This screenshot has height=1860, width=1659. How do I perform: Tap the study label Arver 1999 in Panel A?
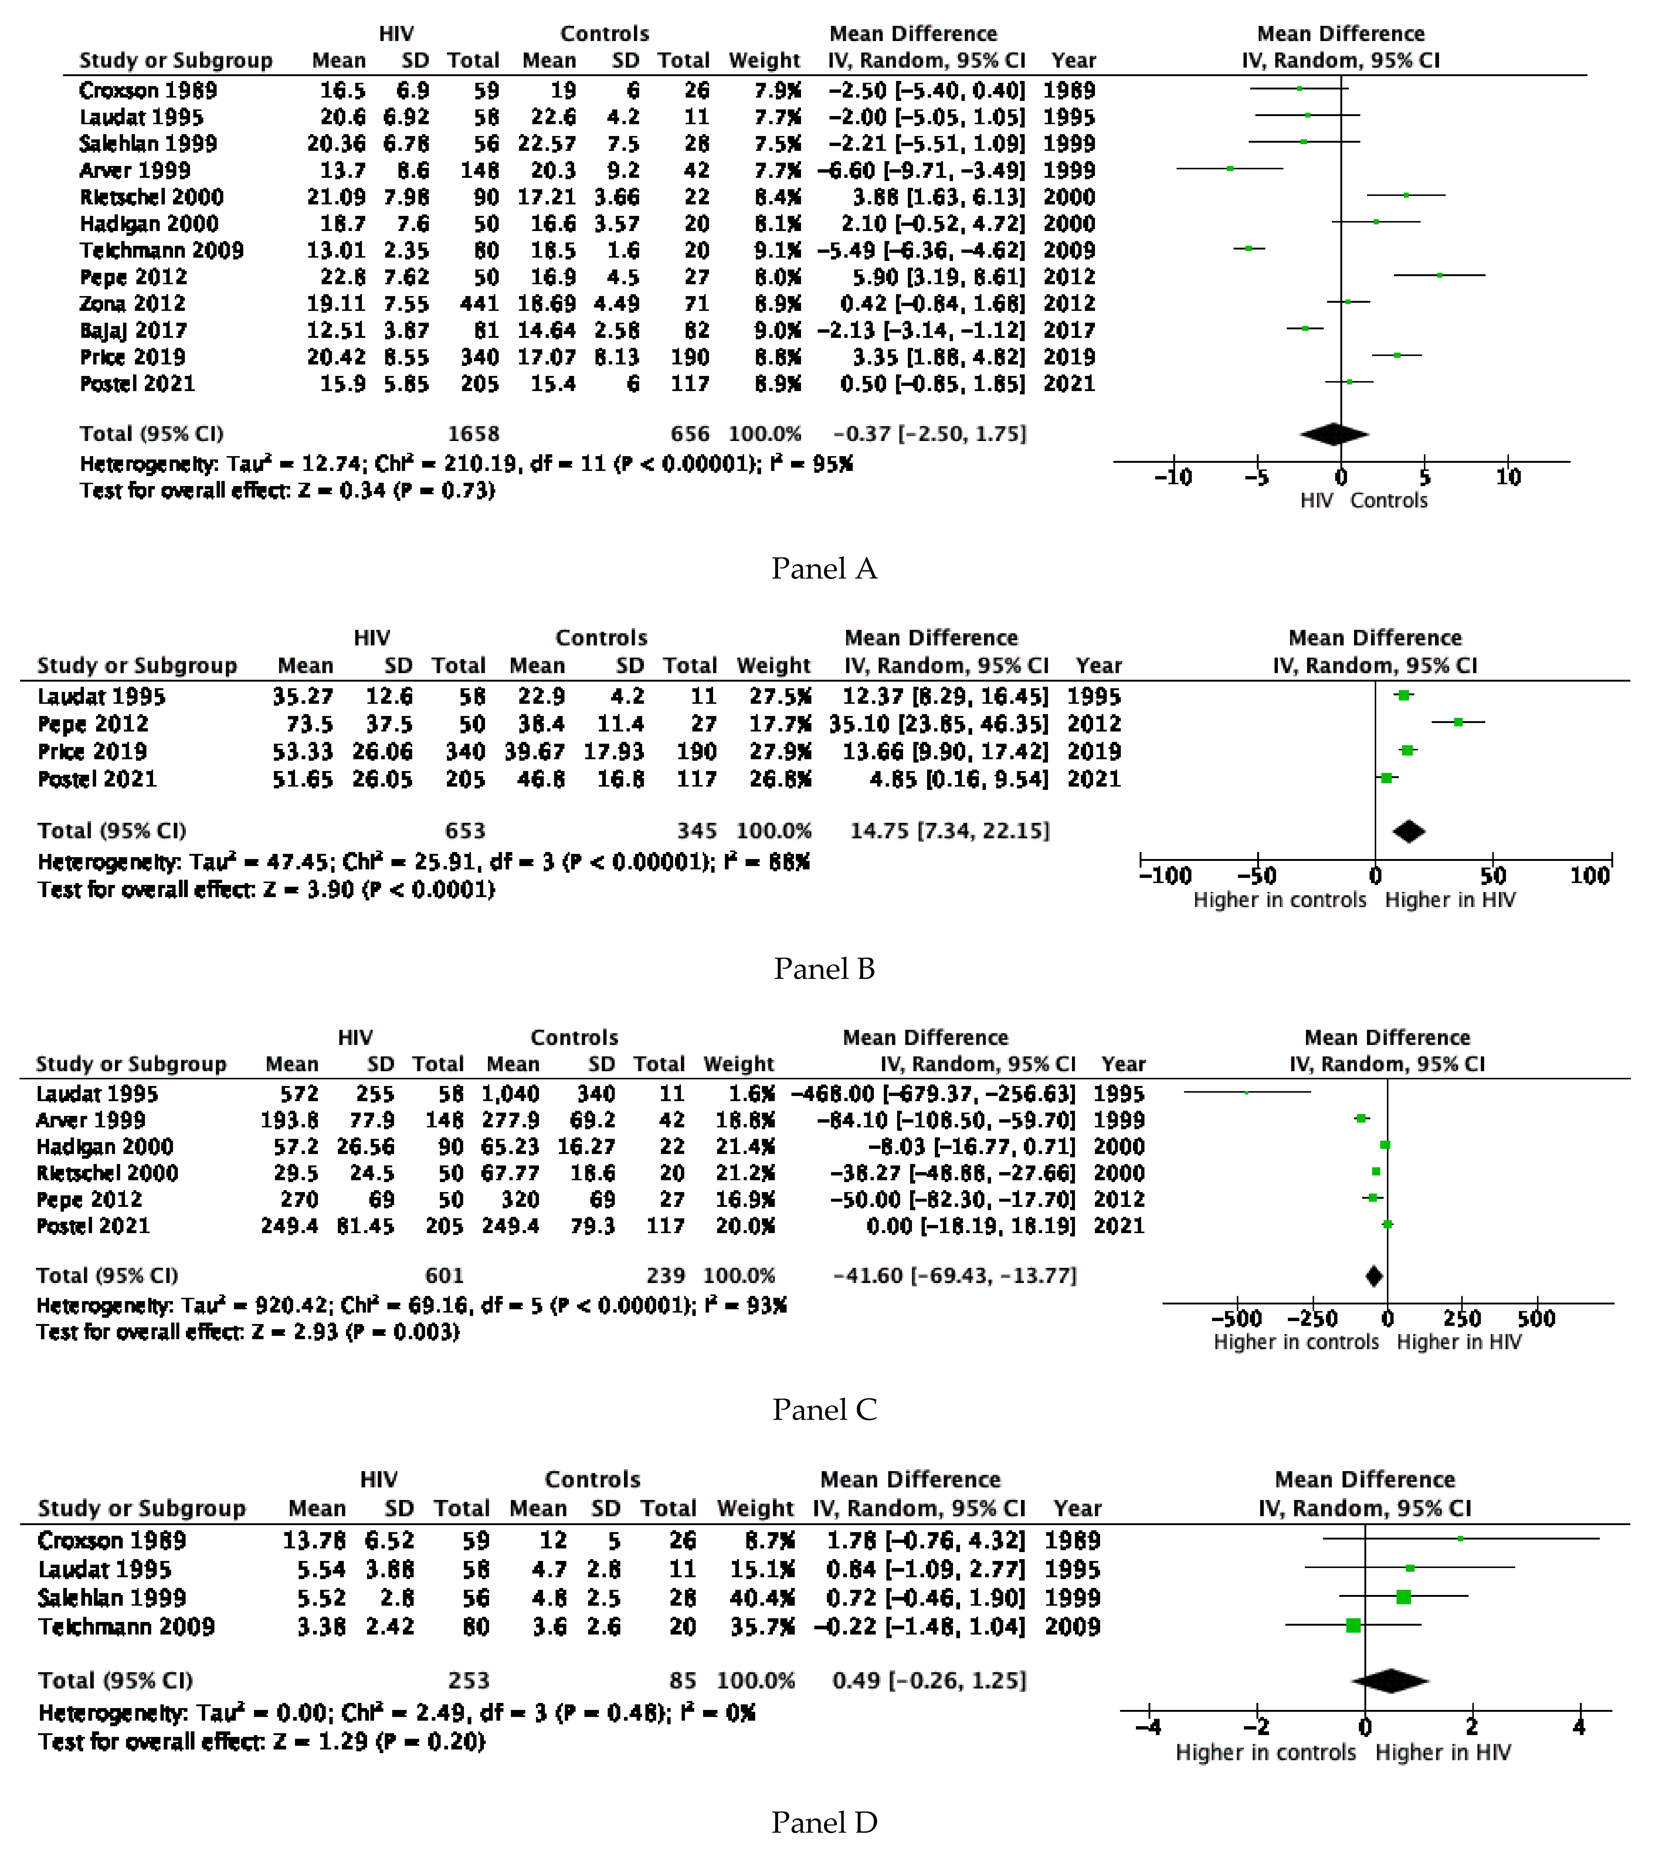pyautogui.click(x=135, y=170)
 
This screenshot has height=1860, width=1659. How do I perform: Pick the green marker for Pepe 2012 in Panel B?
pyautogui.click(x=1458, y=722)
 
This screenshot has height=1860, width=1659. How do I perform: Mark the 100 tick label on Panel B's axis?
pyautogui.click(x=1589, y=876)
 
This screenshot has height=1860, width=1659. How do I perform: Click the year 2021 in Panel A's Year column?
pyautogui.click(x=1069, y=384)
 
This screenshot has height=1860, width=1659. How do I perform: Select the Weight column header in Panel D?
pyautogui.click(x=755, y=1508)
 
